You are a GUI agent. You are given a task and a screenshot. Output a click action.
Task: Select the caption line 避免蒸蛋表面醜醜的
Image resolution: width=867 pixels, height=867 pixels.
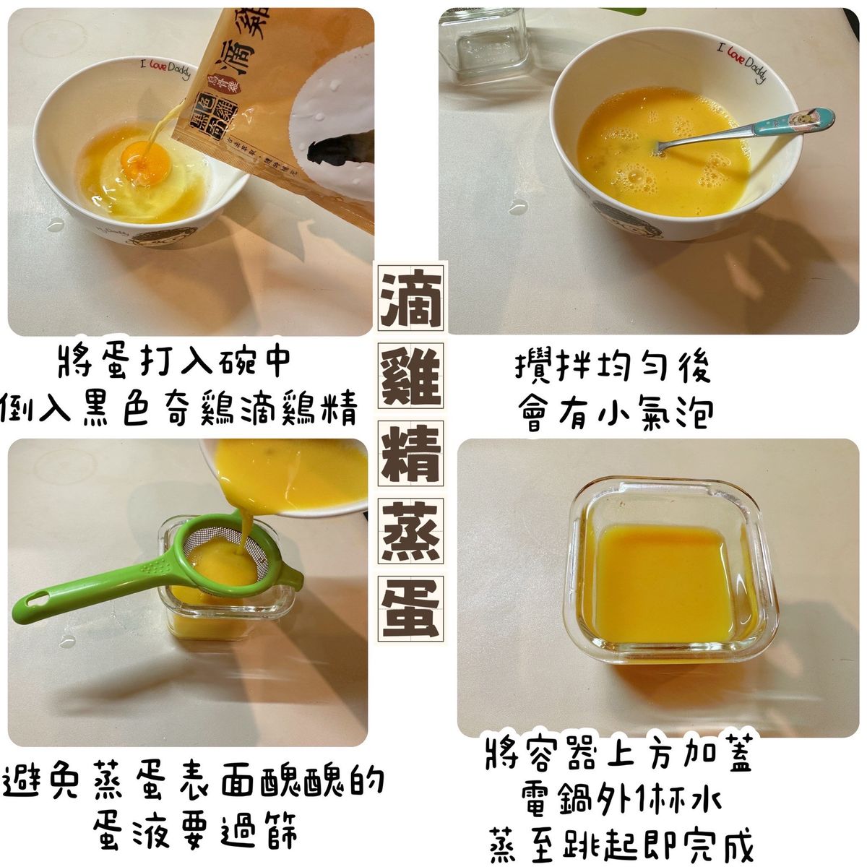[x=194, y=784]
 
